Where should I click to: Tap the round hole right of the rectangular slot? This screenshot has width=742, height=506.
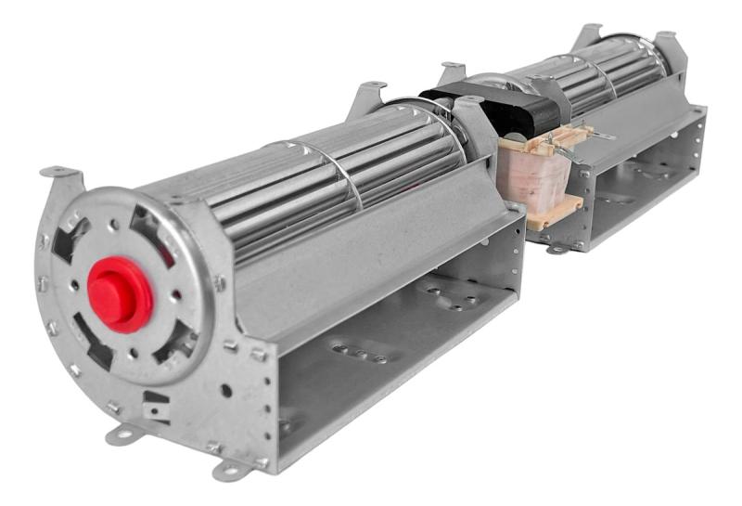pos(226,391)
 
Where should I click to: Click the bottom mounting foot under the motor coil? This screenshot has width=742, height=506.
pos(557,249)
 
